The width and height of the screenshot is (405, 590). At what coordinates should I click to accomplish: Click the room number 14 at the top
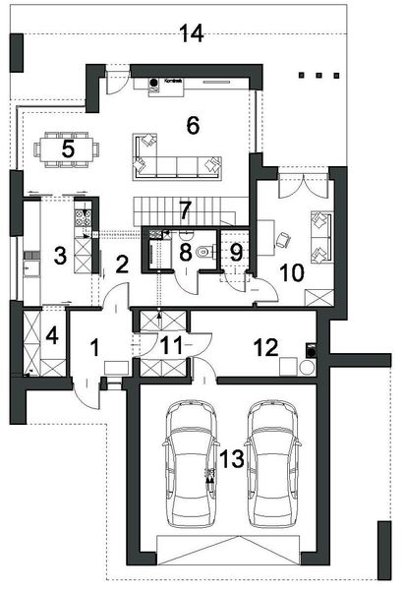tap(192, 34)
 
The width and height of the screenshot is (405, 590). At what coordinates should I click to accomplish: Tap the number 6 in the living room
tap(193, 125)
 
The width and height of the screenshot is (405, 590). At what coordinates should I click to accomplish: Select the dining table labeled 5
tap(68, 149)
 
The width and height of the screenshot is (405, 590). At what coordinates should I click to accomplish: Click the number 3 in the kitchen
tap(60, 257)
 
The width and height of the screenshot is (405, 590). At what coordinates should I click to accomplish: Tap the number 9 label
tap(236, 251)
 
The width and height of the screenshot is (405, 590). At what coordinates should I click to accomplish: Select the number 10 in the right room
tap(290, 270)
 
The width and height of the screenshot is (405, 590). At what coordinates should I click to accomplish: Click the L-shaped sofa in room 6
tap(177, 157)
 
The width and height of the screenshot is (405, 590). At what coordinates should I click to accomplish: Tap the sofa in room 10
tap(320, 236)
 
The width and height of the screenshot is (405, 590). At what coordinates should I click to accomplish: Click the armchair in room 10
tap(283, 238)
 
